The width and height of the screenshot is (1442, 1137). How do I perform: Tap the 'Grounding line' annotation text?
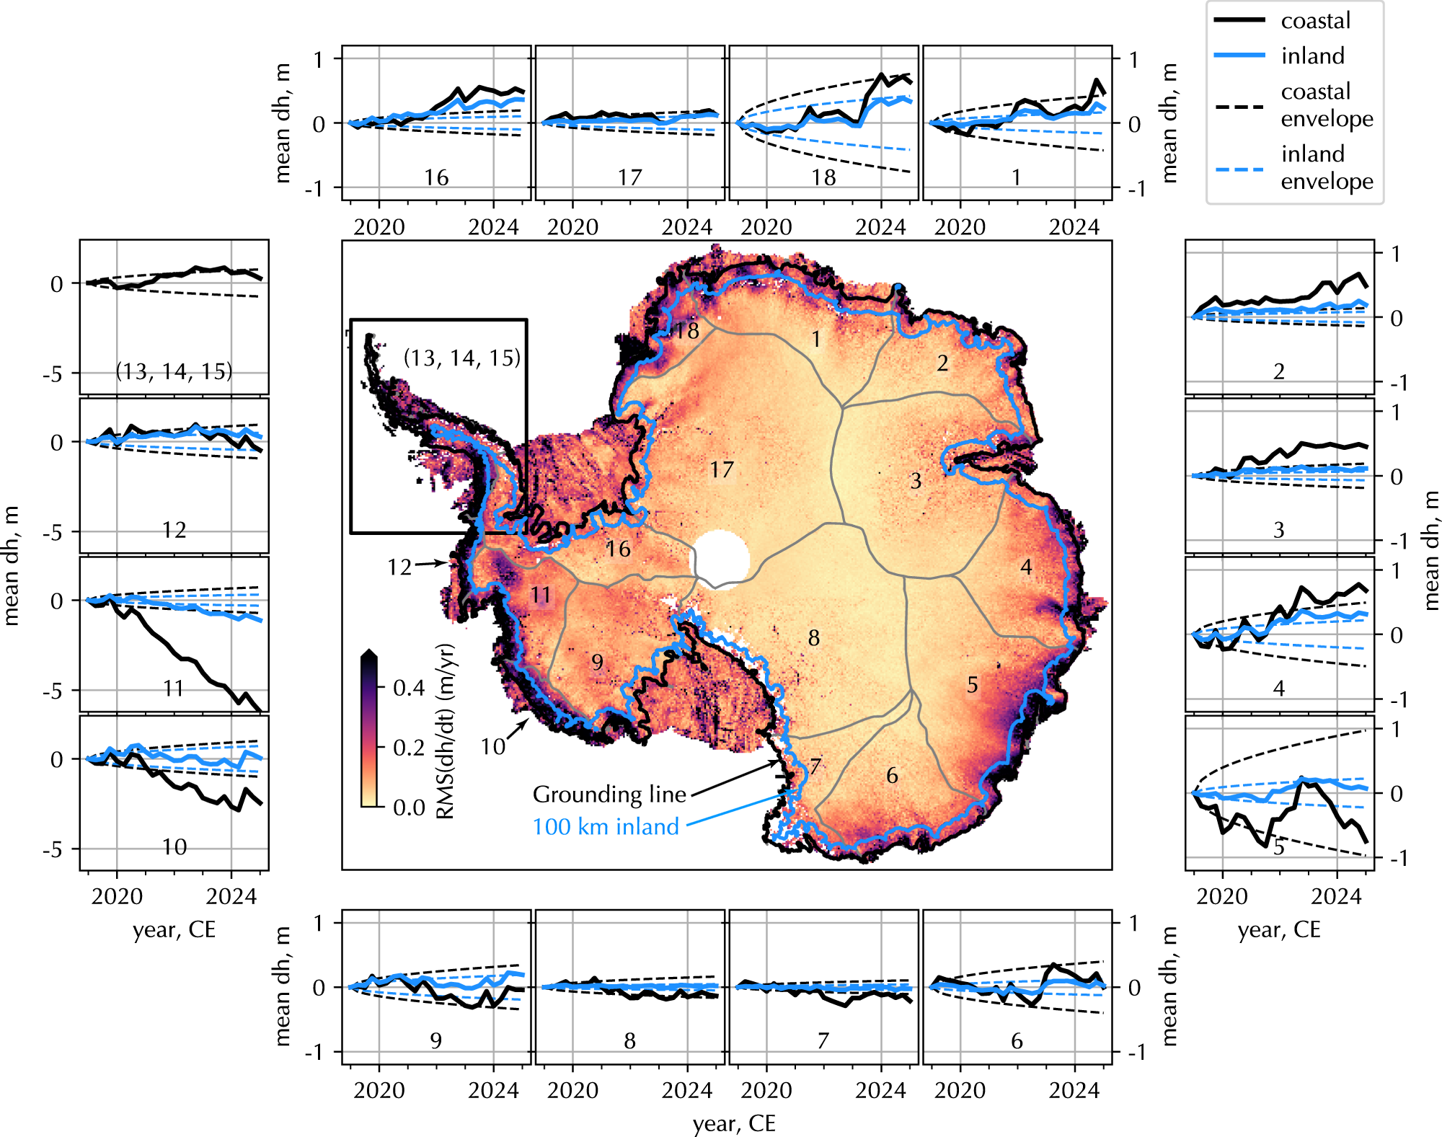609,794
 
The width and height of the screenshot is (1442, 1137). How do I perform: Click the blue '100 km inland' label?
606,826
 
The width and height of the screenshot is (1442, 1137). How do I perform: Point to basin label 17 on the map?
722,470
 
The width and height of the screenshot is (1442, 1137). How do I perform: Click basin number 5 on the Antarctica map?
973,685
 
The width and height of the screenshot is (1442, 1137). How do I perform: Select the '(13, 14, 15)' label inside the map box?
462,358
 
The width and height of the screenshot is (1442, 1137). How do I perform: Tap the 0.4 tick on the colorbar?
409,688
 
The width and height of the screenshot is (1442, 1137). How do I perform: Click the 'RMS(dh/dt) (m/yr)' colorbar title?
446,731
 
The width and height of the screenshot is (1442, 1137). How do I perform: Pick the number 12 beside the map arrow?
399,567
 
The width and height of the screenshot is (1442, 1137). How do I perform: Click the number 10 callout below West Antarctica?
493,746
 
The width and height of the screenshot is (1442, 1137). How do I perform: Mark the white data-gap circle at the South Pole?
720,560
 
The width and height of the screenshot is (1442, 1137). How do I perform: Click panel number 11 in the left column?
174,689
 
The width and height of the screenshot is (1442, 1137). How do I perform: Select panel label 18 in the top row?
823,177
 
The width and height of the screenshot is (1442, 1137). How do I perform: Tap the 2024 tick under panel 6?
1074,1090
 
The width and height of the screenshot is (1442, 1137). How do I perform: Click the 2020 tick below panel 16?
379,227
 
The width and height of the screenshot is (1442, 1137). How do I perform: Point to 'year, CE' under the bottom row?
734,1123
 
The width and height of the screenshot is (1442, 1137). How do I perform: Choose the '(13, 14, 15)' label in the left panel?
174,371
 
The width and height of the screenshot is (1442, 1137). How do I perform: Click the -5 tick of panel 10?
53,850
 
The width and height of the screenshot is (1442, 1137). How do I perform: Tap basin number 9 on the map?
597,662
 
